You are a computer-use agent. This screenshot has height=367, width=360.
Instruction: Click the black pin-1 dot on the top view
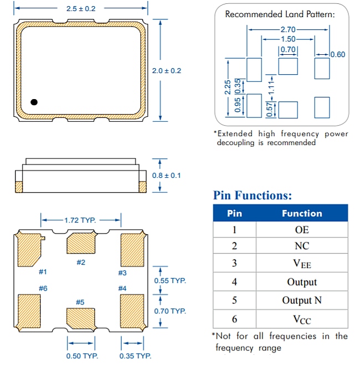(34, 102)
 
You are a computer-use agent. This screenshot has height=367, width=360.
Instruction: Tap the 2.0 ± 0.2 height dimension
(166, 71)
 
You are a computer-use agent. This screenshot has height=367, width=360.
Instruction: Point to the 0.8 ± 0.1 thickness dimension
(166, 175)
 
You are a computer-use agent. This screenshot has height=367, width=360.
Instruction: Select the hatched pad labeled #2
(80, 244)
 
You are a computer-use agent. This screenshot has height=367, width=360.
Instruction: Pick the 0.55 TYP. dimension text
(169, 281)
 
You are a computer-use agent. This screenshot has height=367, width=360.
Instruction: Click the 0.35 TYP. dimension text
(136, 355)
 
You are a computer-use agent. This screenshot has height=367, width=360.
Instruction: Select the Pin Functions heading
(252, 195)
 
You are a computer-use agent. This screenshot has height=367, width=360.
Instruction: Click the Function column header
(302, 213)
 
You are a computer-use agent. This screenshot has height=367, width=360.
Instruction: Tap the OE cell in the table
(302, 230)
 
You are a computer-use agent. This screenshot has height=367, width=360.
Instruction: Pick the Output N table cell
(302, 300)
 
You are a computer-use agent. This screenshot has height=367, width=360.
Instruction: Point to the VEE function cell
(302, 264)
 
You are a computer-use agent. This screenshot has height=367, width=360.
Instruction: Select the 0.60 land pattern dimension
(337, 54)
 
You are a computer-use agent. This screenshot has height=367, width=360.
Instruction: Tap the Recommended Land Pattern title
(280, 14)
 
